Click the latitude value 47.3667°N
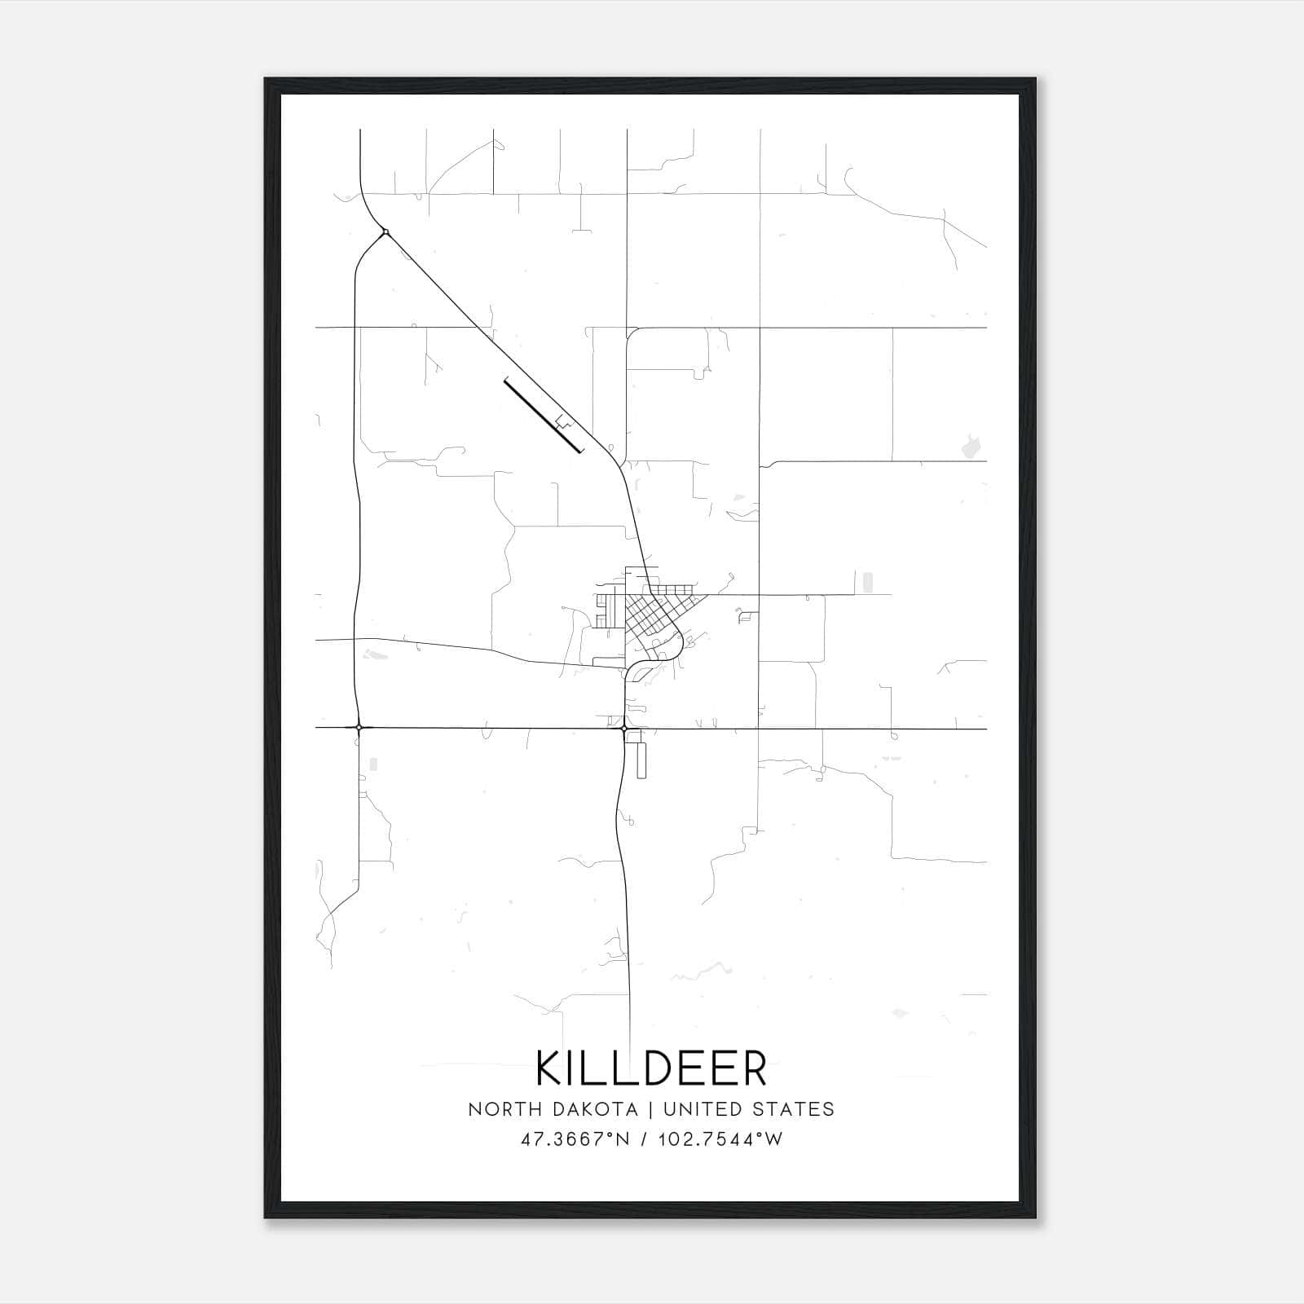[575, 1139]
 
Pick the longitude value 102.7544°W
[720, 1139]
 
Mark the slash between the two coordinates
[645, 1139]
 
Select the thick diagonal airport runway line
[543, 415]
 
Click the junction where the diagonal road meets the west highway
[385, 232]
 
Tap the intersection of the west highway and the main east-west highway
[359, 727]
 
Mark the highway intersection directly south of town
[624, 728]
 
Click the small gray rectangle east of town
[867, 582]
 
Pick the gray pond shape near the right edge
[971, 446]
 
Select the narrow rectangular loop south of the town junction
[641, 760]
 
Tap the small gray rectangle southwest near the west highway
[373, 764]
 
